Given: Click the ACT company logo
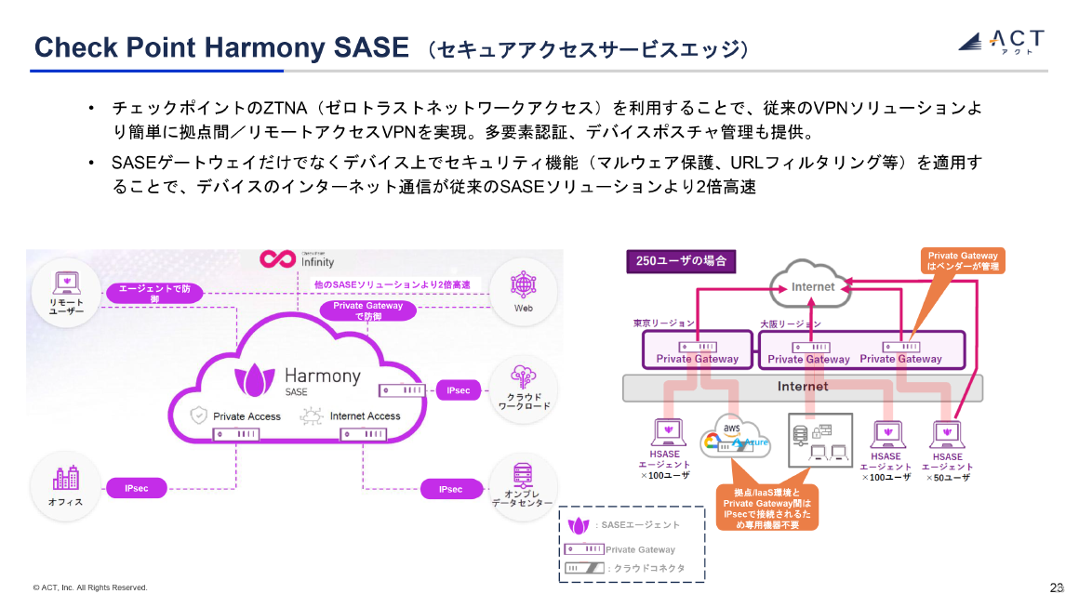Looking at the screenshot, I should (1001, 41).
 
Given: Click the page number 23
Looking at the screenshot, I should (1056, 587).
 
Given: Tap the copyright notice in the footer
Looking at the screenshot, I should (90, 587).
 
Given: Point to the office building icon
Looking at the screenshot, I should (66, 479).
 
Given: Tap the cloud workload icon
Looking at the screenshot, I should (523, 376).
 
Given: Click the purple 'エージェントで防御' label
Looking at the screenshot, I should (154, 293).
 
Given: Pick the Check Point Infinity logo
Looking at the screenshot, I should (298, 258).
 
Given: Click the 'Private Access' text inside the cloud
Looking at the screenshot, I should (246, 416).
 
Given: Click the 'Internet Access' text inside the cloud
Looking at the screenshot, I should (365, 416).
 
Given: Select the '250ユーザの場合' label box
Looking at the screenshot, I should (681, 261).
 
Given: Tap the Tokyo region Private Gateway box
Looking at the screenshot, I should (697, 351).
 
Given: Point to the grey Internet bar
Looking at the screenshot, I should (802, 387).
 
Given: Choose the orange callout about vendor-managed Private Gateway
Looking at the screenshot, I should (963, 261).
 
